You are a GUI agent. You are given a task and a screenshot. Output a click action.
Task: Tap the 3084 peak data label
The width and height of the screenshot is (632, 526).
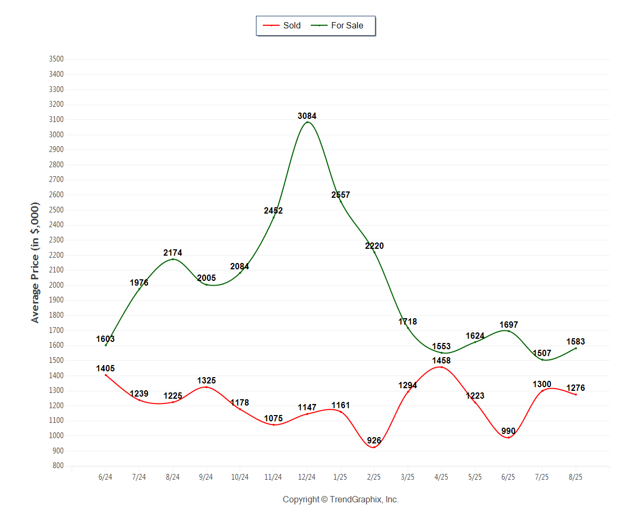click(x=307, y=116)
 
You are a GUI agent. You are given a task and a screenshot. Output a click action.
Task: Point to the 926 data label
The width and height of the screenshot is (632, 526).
click(x=374, y=441)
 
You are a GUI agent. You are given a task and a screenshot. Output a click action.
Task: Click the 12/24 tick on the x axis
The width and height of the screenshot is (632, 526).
click(x=307, y=477)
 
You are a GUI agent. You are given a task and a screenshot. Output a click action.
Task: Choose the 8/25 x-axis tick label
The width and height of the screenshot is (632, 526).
click(x=576, y=477)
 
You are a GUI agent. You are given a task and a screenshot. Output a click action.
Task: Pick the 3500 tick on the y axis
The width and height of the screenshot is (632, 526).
click(x=56, y=59)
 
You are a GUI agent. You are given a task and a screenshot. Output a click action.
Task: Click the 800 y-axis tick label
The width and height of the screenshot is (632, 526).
click(x=58, y=466)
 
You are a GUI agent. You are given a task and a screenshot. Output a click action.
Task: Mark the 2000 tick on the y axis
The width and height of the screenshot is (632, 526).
click(x=56, y=285)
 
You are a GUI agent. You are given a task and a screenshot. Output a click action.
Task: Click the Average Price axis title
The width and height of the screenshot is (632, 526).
click(x=35, y=262)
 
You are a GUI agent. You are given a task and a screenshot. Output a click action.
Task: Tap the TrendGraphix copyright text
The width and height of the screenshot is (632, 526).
click(x=341, y=500)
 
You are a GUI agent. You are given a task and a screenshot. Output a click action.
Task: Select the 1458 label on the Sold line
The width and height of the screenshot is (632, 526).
click(x=441, y=361)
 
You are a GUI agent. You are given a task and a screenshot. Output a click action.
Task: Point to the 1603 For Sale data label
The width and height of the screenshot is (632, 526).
click(x=105, y=339)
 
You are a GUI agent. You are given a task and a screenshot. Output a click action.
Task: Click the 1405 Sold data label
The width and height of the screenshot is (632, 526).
click(x=105, y=369)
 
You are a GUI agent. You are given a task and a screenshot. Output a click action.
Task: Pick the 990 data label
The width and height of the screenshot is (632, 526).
click(x=508, y=431)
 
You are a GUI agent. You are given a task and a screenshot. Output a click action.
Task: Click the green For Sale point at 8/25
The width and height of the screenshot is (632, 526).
click(x=576, y=348)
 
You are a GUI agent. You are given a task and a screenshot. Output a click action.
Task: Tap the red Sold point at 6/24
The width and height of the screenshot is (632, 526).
click(x=106, y=375)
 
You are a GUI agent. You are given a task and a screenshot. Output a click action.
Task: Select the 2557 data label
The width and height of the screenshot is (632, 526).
click(x=341, y=195)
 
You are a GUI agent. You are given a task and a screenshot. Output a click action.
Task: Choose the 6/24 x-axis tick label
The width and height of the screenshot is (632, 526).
click(x=105, y=477)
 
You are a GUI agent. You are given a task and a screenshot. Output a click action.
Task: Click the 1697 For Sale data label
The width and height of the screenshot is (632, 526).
click(x=509, y=325)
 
